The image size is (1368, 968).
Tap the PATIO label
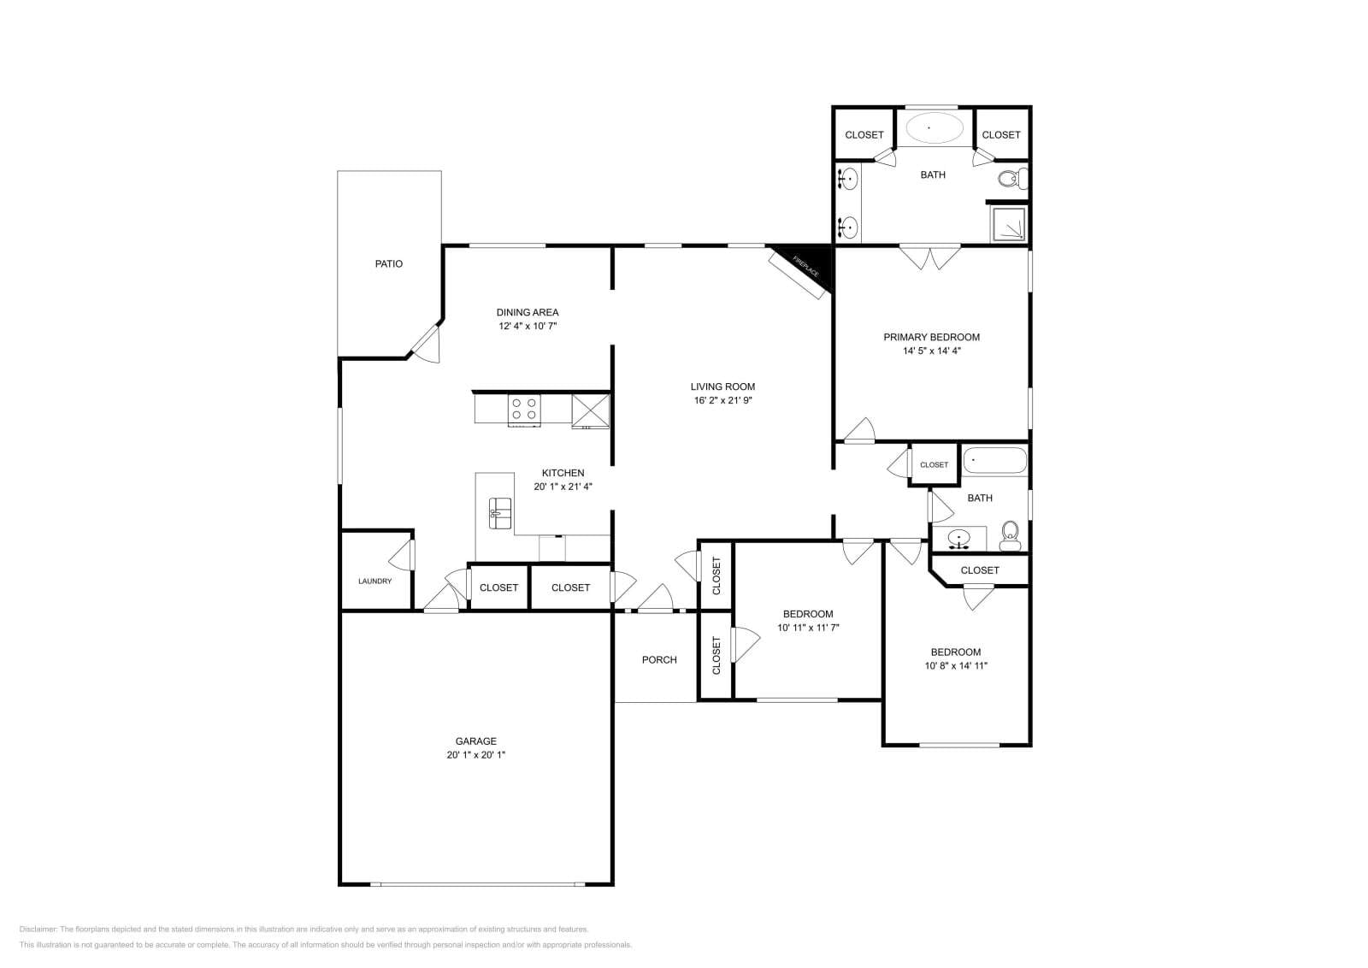point(388,263)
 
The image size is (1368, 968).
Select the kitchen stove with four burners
point(524,409)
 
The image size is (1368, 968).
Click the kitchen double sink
point(500,512)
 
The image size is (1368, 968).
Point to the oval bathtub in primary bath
point(934,128)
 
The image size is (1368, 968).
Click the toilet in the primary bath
point(1011,180)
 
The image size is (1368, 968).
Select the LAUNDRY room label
point(374,581)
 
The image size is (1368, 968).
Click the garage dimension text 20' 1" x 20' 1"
point(475,755)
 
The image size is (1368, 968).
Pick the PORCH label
point(659,659)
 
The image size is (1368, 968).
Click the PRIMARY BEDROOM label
point(931,337)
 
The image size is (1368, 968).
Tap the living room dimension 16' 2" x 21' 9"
point(723,400)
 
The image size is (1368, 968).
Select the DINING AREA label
point(528,312)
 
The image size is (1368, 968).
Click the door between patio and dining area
point(425,344)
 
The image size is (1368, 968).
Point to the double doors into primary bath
point(930,257)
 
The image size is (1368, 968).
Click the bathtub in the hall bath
point(994,461)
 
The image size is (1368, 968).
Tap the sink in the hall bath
point(959,539)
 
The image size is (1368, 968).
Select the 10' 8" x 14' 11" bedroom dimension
point(956,665)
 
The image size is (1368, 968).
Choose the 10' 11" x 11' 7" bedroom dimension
point(808,628)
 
